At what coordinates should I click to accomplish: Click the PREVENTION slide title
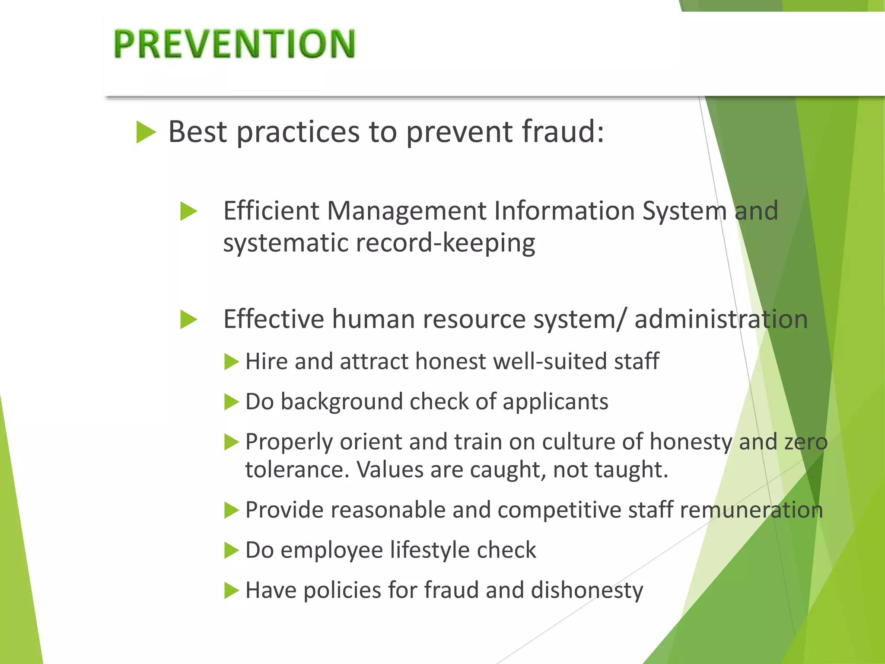(x=234, y=44)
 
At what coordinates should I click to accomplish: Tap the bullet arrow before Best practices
(x=146, y=132)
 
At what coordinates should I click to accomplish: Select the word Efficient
(x=271, y=211)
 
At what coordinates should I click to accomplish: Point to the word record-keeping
(x=446, y=243)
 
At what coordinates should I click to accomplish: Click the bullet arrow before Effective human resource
(x=189, y=320)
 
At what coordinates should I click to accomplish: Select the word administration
(x=721, y=319)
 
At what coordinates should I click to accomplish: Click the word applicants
(x=555, y=402)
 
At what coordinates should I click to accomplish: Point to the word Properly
(x=289, y=442)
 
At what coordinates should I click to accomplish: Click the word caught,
(x=508, y=469)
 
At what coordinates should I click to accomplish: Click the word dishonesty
(x=587, y=591)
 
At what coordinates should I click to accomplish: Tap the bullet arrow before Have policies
(x=232, y=591)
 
